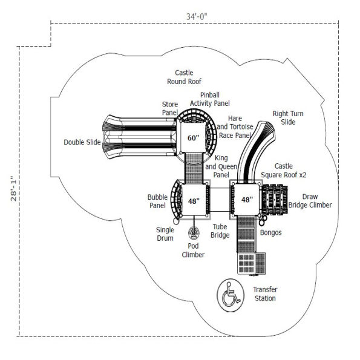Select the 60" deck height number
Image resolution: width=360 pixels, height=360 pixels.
[192, 138]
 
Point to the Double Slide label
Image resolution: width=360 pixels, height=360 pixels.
[83, 143]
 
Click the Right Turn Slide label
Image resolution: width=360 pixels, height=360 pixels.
[288, 118]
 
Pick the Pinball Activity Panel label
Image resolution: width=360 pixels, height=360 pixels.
[209, 99]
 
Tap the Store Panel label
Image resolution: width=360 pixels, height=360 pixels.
[169, 108]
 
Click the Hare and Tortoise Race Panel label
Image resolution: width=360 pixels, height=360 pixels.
[234, 127]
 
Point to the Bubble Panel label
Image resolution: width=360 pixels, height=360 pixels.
[157, 201]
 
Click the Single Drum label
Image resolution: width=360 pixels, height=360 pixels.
[165, 234]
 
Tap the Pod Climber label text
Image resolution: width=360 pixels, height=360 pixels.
[194, 250]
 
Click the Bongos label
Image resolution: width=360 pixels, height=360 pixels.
[270, 232]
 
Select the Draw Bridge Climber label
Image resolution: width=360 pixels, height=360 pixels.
[310, 201]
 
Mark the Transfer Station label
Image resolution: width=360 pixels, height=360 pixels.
[264, 294]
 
